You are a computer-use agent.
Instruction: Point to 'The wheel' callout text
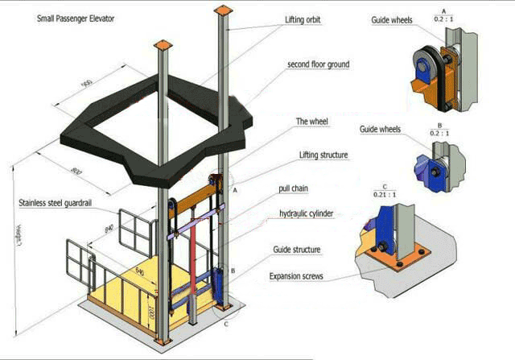pos(313,122)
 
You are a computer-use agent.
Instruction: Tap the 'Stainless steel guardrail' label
pos(54,204)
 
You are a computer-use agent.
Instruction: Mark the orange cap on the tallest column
pos(223,10)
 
